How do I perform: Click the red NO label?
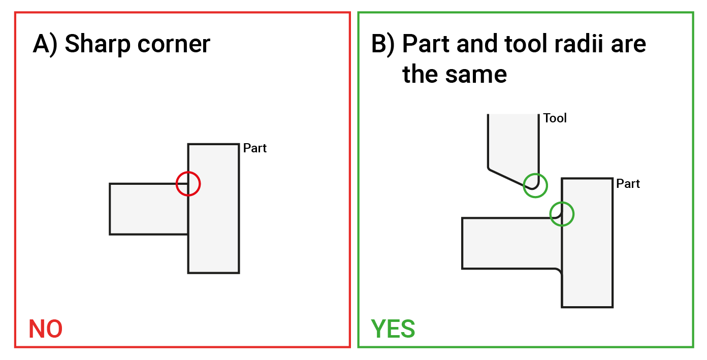click(46, 329)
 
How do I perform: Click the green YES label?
click(393, 329)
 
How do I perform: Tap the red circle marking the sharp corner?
click(188, 183)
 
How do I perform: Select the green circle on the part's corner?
click(562, 214)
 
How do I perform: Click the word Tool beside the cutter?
click(555, 118)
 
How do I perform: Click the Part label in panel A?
click(255, 148)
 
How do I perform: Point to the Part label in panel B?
click(628, 183)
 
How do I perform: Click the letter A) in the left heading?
click(45, 44)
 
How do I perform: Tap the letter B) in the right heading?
click(382, 44)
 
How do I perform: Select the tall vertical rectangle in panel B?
click(587, 254)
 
